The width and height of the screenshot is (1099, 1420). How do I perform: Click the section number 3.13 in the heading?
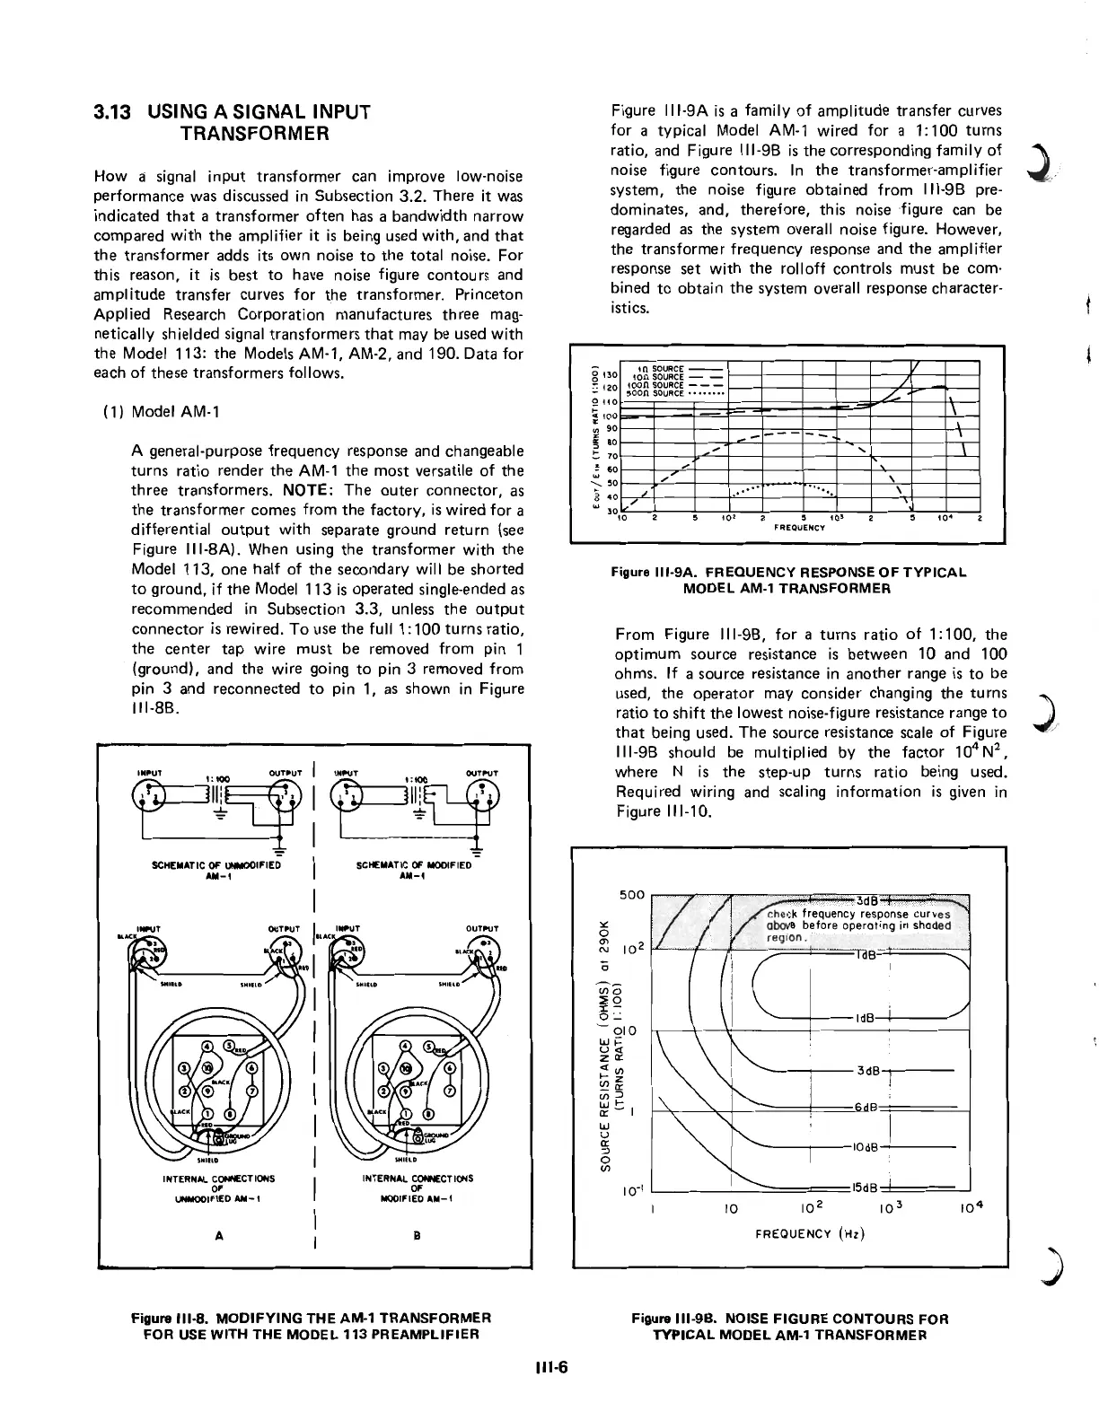point(114,113)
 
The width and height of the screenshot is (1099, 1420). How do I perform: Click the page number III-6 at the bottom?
point(549,1368)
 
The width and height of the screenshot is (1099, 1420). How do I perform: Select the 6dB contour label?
point(865,1106)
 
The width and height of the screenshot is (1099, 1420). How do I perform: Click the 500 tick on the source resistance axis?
point(632,895)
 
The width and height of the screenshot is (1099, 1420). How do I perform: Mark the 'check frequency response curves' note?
point(858,915)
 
